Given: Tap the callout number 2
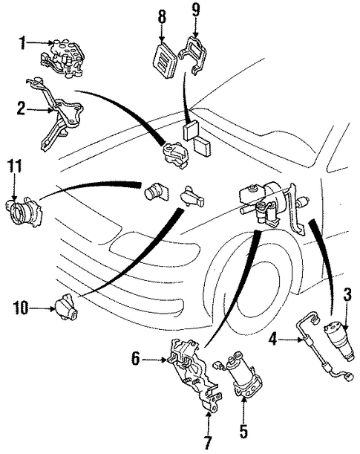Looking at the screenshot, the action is click(21, 109).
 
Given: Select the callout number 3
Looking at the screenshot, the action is click(347, 295).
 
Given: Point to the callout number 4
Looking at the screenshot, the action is click(272, 339).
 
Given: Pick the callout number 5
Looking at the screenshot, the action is click(243, 432).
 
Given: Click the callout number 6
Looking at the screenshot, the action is click(135, 359).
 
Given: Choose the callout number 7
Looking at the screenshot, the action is click(208, 443).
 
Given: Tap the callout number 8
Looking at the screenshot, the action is click(162, 17).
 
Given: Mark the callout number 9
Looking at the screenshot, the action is click(196, 10).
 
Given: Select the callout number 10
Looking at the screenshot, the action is click(21, 308).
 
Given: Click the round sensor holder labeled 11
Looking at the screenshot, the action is click(24, 210).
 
